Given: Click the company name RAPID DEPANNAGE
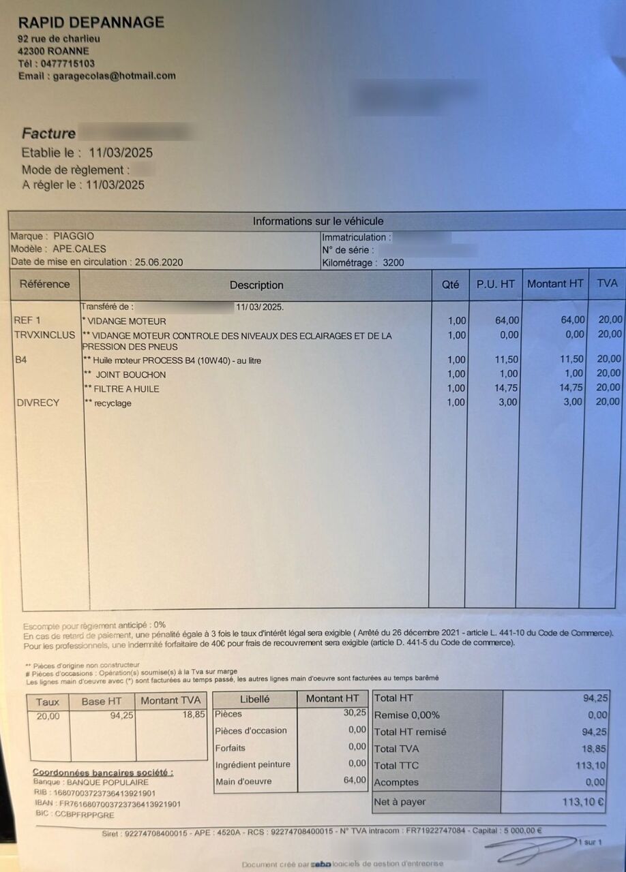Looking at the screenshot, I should pos(91,22).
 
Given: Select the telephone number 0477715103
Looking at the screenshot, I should pos(68,63).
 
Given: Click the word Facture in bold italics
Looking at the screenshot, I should pos(48,134).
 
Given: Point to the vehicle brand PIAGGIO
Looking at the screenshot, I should pos(74,236).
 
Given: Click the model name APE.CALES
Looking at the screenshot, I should pos(79,249).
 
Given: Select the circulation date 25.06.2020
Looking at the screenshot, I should pos(159,262).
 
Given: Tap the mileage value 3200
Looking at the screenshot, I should pos(393,262).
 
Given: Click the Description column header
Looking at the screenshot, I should pos(256,285).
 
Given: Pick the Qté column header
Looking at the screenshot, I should pos(450,285).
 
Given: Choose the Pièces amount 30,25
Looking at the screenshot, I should pos(355,713).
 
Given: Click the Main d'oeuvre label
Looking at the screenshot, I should pos(243,781).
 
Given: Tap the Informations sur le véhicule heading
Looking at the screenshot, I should pos(318,221).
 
